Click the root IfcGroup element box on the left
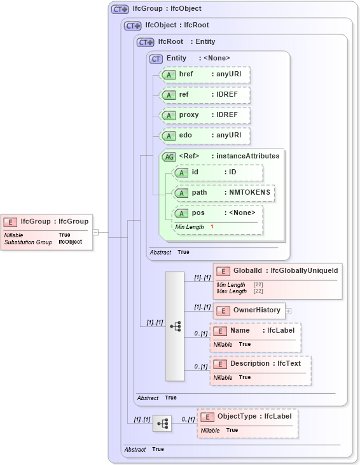pyautogui.click(x=48, y=232)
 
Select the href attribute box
pyautogui.click(x=204, y=74)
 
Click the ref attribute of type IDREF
pyautogui.click(x=204, y=95)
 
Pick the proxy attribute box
pyautogui.click(x=204, y=115)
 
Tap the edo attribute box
pyautogui.click(x=204, y=135)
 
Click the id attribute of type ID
pyautogui.click(x=217, y=172)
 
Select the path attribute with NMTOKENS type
pyautogui.click(x=223, y=193)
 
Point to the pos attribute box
pyautogui.click(x=217, y=213)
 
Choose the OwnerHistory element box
pyautogui.click(x=249, y=310)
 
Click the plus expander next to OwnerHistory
pyautogui.click(x=288, y=311)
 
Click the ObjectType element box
pyautogui.click(x=247, y=423)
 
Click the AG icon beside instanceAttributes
pyautogui.click(x=169, y=156)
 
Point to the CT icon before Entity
pyautogui.click(x=156, y=59)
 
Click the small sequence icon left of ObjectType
pyautogui.click(x=162, y=423)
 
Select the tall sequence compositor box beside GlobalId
pyautogui.click(x=174, y=326)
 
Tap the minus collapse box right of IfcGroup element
pyautogui.click(x=95, y=232)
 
